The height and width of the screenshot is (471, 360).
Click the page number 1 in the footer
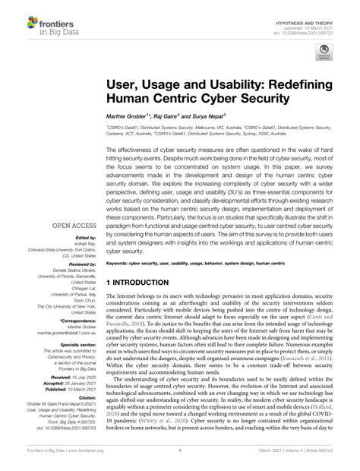[180, 460]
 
